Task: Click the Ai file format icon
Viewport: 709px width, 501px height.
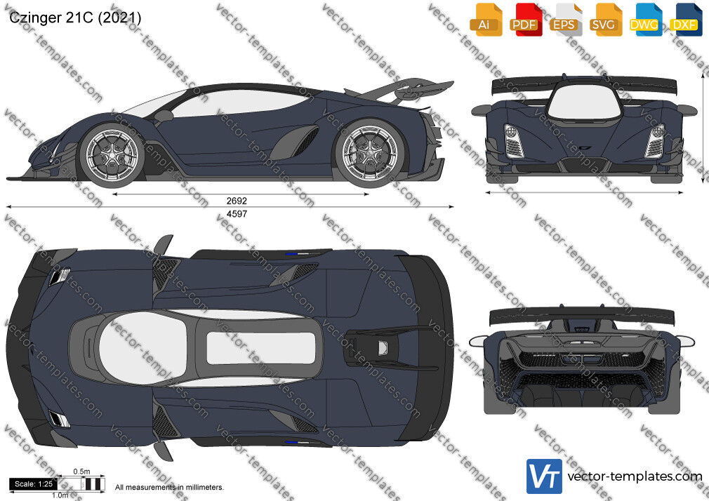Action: (486, 20)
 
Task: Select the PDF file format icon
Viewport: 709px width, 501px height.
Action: (526, 20)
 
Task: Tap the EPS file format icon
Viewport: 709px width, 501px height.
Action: (566, 20)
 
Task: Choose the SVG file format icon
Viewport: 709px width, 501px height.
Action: (605, 20)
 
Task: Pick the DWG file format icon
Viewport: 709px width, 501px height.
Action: (645, 20)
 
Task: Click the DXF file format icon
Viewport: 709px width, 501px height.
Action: (686, 20)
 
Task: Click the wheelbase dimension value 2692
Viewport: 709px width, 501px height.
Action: (237, 201)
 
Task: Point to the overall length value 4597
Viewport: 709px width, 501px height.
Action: (237, 214)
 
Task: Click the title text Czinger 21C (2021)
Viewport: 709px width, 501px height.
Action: (75, 18)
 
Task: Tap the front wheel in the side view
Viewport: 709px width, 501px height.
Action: (111, 154)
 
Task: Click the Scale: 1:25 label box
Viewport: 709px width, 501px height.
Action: (34, 484)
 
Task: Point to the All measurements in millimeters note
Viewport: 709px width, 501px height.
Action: (169, 488)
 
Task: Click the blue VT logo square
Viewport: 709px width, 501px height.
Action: (545, 476)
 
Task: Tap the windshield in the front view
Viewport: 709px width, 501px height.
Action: (583, 102)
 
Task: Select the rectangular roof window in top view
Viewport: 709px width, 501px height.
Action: (261, 348)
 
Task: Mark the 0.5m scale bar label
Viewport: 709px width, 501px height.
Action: (82, 472)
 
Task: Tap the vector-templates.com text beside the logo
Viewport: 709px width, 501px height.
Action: (635, 476)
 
